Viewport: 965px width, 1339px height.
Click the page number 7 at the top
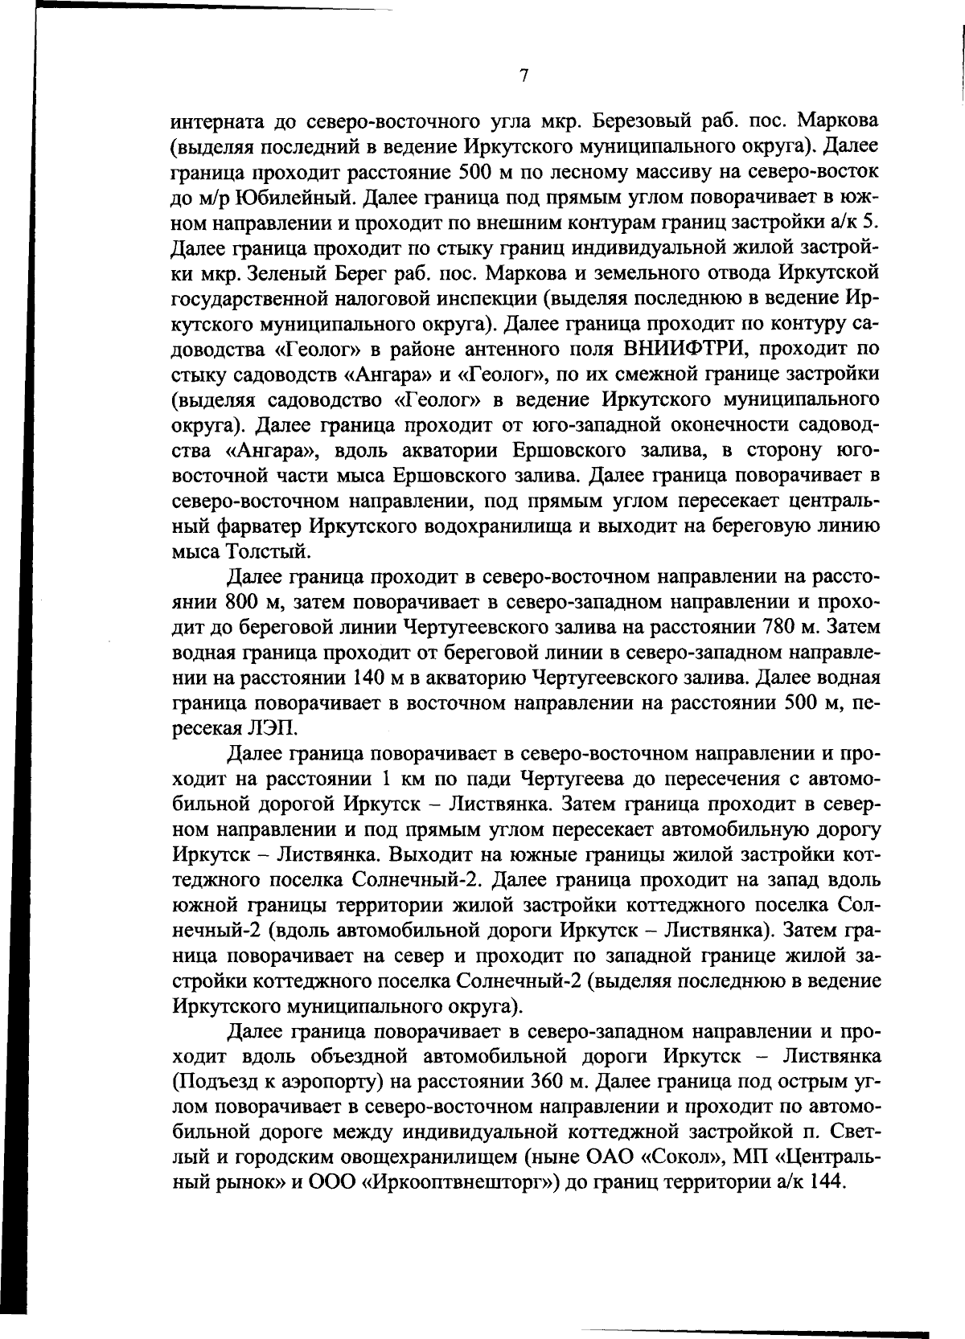coord(524,76)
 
